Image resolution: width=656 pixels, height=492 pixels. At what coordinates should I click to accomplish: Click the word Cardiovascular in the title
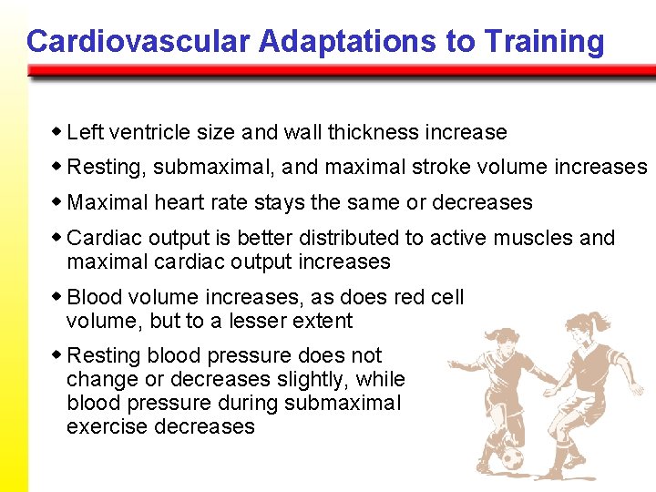tap(138, 42)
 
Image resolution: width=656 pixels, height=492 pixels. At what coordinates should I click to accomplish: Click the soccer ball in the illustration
tap(511, 456)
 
